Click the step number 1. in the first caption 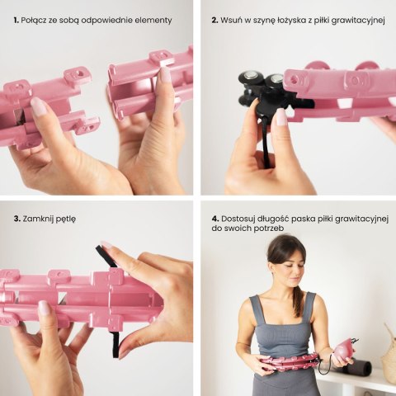click(x=16, y=19)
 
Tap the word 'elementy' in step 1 click(x=152, y=19)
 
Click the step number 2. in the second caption click(x=214, y=19)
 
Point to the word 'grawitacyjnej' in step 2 click(x=354, y=19)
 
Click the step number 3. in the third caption click(x=16, y=219)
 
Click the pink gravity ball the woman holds click(x=340, y=351)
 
